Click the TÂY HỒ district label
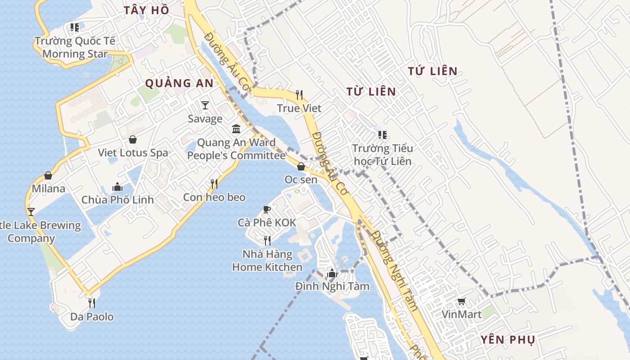(147, 10)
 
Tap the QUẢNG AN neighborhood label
(179, 83)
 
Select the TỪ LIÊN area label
(371, 92)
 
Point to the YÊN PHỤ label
(508, 340)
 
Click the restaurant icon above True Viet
(299, 94)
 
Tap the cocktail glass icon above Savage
(205, 105)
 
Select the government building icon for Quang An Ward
(236, 129)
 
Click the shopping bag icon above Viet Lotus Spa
(133, 139)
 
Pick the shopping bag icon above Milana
(48, 175)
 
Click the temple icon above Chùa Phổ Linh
(117, 186)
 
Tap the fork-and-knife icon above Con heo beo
(214, 184)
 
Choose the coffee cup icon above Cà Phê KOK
(267, 209)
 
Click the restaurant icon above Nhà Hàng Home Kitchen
(267, 241)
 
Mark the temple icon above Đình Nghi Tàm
(332, 273)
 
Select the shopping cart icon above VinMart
(461, 301)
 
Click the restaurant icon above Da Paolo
(92, 303)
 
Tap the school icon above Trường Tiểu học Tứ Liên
(382, 135)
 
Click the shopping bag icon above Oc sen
(301, 166)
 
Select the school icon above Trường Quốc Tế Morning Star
(75, 27)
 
